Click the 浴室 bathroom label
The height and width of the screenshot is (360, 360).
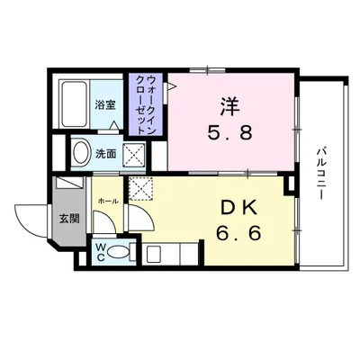(105, 105)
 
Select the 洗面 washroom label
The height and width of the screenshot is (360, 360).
(106, 153)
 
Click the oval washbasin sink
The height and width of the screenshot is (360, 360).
(80, 153)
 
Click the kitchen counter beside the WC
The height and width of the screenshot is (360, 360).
(166, 253)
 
